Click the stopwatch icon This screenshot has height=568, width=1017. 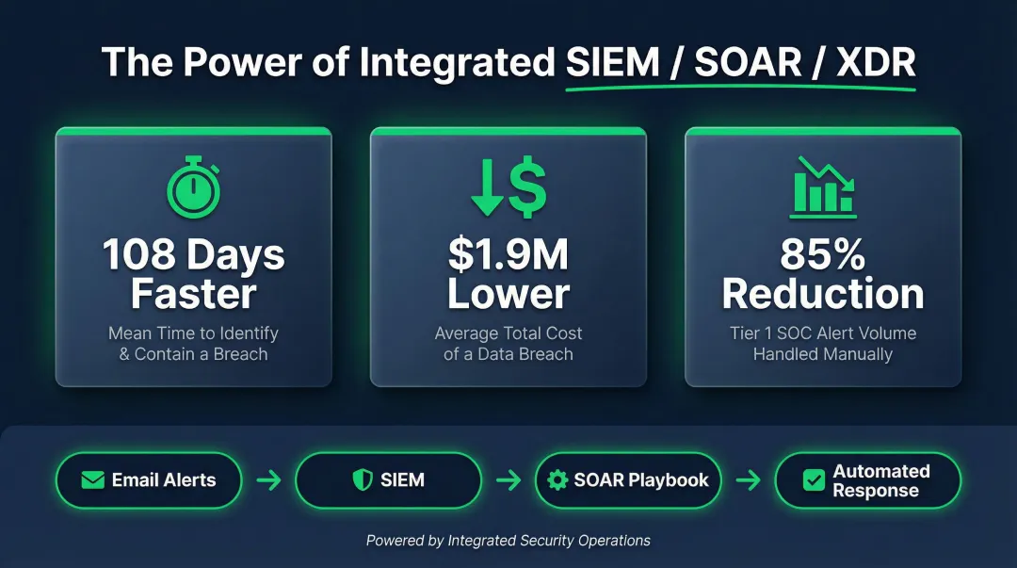coord(194,189)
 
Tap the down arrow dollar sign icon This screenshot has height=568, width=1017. coord(508,187)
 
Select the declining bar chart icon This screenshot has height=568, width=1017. coord(824,186)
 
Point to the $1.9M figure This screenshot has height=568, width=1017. coord(508,254)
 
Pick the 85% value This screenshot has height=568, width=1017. coord(823,254)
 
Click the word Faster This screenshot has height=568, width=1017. coord(193,294)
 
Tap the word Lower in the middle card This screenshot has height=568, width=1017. coord(508,294)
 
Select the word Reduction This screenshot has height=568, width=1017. coord(823,294)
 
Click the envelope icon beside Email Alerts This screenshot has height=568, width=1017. coord(92,480)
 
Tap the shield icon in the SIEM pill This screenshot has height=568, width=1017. coord(362,480)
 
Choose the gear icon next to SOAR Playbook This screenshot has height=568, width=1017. coord(557,480)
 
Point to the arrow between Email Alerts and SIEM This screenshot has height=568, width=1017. coord(268,480)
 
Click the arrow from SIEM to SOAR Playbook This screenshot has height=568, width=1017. coord(508,480)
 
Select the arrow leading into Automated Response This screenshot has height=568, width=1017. coord(748,480)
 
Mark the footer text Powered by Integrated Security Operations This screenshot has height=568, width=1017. coord(508,541)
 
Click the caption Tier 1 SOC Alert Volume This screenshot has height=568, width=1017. coord(823,333)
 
